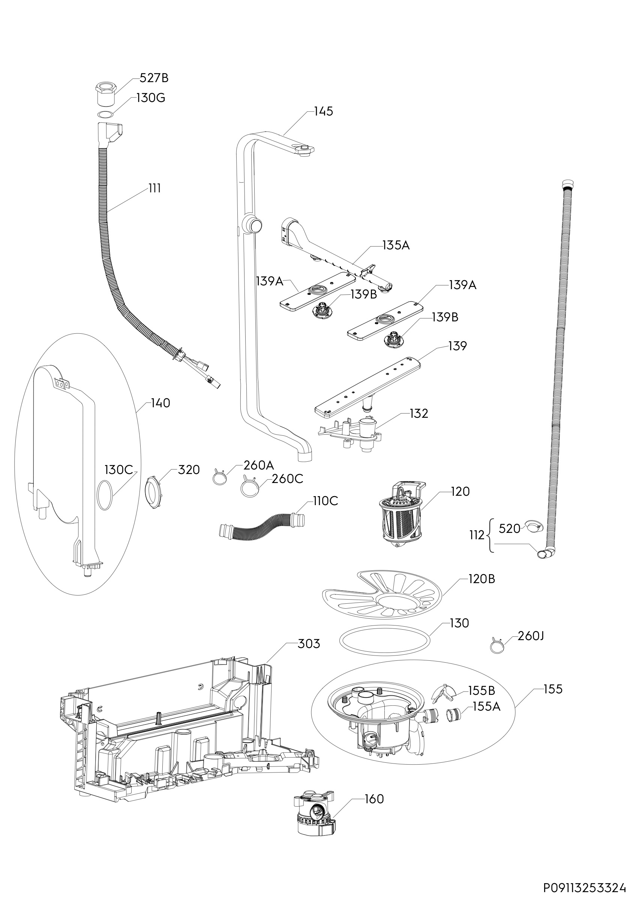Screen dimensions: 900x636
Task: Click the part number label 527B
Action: point(154,78)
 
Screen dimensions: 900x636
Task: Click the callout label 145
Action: point(323,111)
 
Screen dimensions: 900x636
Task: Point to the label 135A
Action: point(396,245)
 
